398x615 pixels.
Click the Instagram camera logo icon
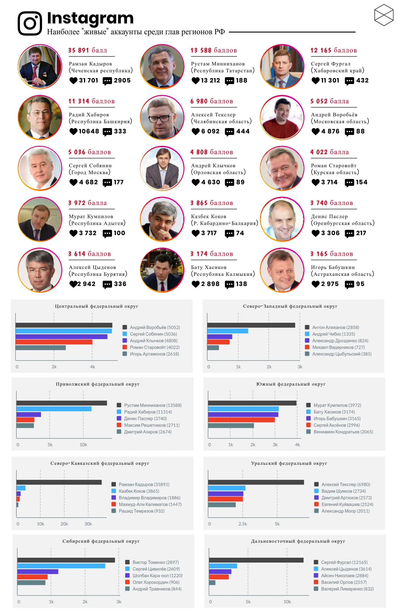(30, 23)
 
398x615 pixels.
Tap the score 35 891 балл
(87, 50)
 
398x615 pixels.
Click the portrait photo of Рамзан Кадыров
(40, 66)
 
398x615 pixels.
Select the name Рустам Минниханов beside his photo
(218, 64)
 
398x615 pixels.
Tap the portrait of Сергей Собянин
(40, 168)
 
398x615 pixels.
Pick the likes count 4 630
(211, 182)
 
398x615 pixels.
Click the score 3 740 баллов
(332, 203)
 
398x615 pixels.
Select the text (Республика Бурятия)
(98, 274)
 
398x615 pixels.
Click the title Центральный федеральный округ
(97, 306)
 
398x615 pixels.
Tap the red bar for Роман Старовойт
(54, 342)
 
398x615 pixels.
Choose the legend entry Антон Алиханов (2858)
(335, 327)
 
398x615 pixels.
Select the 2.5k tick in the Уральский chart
(242, 524)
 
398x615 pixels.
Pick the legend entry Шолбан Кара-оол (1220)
(157, 575)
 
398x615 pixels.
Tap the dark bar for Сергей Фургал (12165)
(256, 560)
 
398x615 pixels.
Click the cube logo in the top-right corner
(384, 15)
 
